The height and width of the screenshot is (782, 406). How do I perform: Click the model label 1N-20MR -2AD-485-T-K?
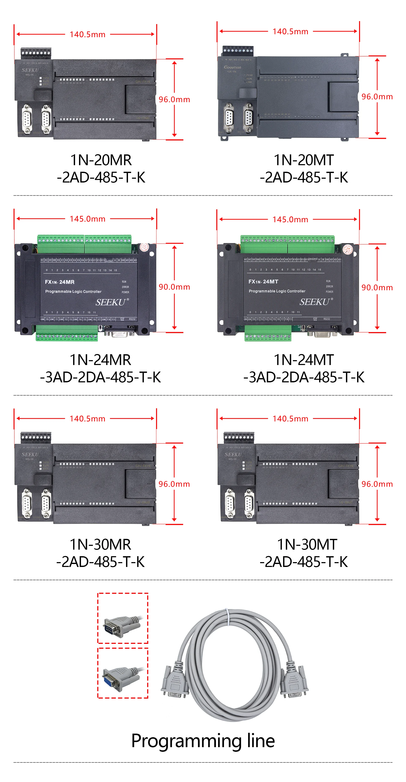click(x=101, y=169)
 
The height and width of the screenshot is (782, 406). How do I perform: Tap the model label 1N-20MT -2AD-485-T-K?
click(x=304, y=169)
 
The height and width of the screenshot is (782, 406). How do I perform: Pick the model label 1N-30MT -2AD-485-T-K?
click(x=304, y=553)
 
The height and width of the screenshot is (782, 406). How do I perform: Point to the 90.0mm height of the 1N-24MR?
click(x=174, y=287)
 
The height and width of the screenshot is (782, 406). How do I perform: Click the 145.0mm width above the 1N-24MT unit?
click(x=290, y=219)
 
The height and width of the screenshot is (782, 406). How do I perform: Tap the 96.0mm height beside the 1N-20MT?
click(x=377, y=97)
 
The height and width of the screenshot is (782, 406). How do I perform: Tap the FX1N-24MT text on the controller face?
click(x=263, y=282)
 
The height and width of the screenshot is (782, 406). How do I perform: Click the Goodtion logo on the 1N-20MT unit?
click(x=232, y=67)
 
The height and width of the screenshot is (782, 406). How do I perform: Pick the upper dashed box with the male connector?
click(x=123, y=618)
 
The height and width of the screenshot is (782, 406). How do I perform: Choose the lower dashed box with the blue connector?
click(x=123, y=673)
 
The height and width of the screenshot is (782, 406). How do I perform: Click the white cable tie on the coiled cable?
click(x=226, y=617)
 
